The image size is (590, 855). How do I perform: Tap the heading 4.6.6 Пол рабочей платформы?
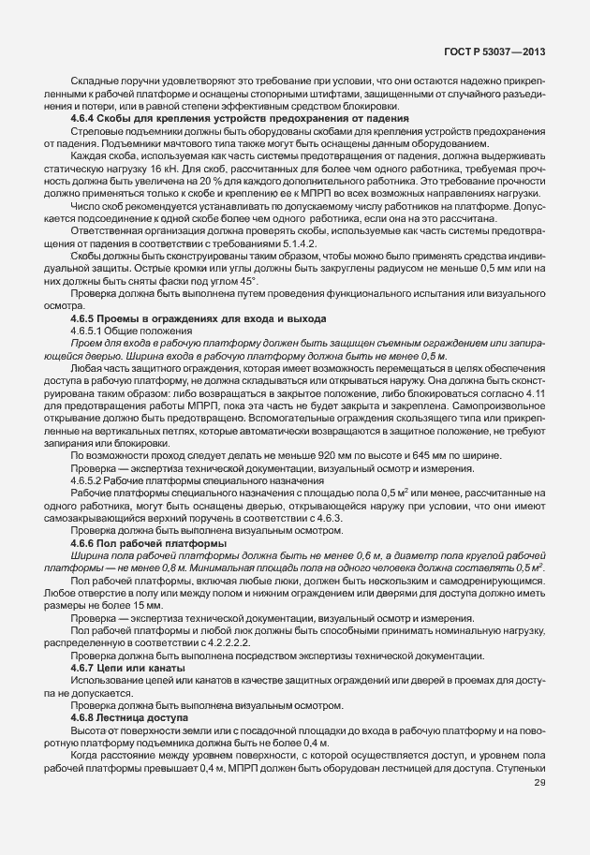[149, 544]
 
